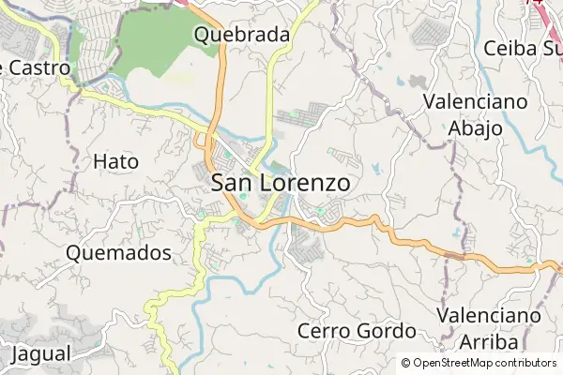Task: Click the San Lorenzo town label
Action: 281,183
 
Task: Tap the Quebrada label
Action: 241,36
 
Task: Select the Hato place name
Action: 116,161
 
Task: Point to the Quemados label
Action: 119,253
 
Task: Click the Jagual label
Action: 42,354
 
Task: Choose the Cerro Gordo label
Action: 357,331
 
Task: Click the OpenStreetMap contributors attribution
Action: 479,363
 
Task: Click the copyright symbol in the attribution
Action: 406,363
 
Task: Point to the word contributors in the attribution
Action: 523,363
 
